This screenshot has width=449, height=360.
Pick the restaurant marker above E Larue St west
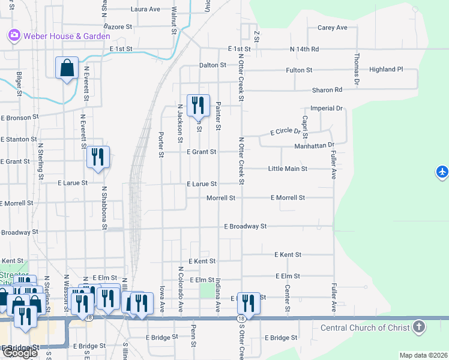(98, 157)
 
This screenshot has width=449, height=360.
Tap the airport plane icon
(442, 173)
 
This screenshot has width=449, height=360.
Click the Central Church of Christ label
(365, 328)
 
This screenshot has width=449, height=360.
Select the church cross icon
(420, 328)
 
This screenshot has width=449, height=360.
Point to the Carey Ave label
(333, 28)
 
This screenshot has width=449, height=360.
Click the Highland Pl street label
(386, 70)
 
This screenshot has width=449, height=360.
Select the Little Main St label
(288, 169)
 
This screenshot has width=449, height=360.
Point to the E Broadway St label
(245, 227)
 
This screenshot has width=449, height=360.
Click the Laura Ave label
(145, 10)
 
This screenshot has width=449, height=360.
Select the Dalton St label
(212, 65)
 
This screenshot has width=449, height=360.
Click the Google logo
(20, 353)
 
